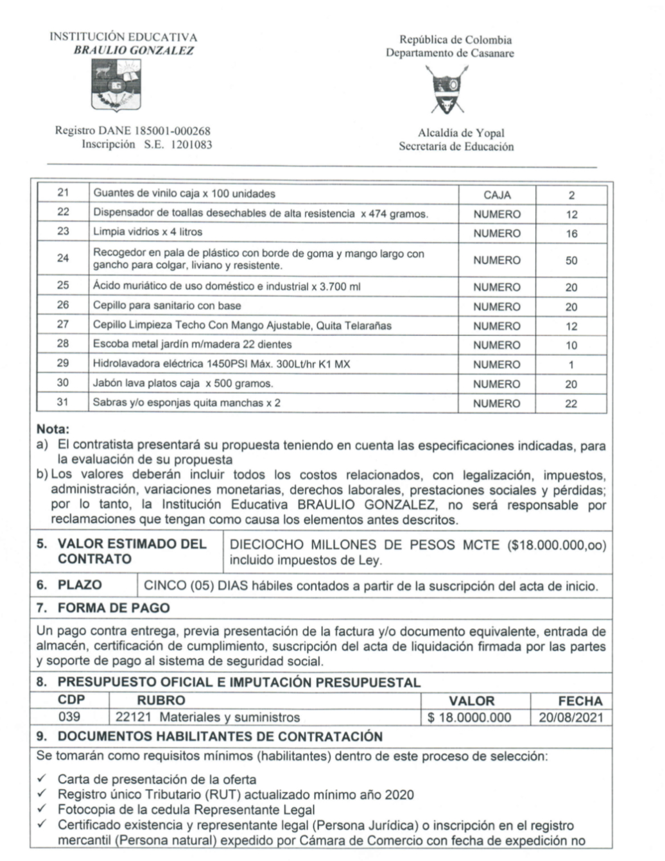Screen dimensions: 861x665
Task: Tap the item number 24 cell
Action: (x=63, y=259)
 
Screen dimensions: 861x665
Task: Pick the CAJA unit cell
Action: (x=497, y=195)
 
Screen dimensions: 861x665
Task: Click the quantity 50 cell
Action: (x=571, y=260)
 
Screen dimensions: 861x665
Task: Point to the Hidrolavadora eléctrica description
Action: (x=222, y=364)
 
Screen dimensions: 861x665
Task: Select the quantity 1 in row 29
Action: (x=571, y=365)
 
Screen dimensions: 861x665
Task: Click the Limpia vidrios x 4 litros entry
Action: (x=148, y=232)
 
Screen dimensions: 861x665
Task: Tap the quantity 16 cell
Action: (x=571, y=234)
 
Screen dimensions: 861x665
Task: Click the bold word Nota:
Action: (x=53, y=430)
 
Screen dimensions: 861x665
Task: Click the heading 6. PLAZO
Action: (x=69, y=585)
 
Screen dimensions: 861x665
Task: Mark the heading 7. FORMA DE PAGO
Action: (x=103, y=608)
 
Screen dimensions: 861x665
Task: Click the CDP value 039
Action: (x=69, y=717)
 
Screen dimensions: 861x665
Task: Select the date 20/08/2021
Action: (x=571, y=718)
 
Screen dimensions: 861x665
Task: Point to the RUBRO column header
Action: (x=161, y=700)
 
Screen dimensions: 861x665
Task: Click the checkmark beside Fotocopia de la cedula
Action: (x=41, y=809)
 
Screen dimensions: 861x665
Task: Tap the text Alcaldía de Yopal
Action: (x=461, y=133)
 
